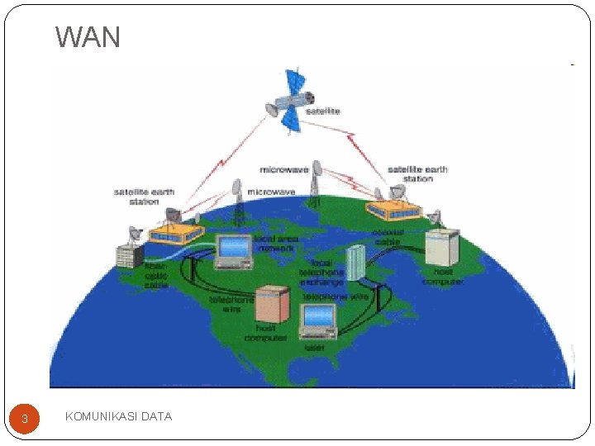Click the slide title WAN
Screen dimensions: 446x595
coord(88,37)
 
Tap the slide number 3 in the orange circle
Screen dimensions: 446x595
coord(25,419)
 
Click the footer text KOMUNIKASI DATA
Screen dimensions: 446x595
coord(118,416)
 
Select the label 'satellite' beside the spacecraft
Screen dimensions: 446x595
coord(323,111)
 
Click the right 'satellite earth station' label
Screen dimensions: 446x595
coord(417,173)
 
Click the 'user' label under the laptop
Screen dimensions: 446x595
coord(315,348)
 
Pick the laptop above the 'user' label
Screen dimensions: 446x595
coord(318,321)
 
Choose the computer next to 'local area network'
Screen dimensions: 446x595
coord(233,251)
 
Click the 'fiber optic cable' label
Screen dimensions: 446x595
coord(155,275)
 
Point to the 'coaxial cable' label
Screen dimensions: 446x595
coord(387,237)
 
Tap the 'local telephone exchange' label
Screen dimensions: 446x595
coord(322,273)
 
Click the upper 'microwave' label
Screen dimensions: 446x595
coord(284,170)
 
